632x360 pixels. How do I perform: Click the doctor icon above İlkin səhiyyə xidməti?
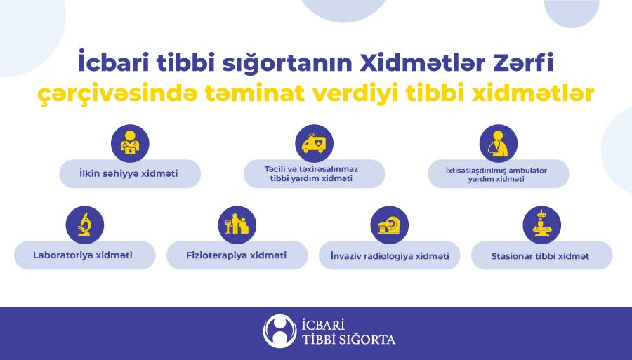[130, 144]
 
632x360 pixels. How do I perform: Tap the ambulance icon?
[315, 144]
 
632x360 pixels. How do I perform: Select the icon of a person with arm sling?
[499, 144]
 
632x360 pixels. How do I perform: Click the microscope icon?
[85, 225]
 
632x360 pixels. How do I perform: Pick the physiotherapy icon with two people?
[237, 225]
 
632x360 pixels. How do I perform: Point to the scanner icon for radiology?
[389, 225]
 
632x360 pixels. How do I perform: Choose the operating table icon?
[541, 225]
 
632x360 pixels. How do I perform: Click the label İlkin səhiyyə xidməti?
[129, 173]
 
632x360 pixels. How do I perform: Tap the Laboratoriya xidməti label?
[83, 255]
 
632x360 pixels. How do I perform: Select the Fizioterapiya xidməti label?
[236, 255]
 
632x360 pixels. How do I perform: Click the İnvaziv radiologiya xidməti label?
[390, 256]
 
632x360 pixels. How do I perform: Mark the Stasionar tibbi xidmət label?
[540, 256]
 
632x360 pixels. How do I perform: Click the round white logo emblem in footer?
[279, 331]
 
